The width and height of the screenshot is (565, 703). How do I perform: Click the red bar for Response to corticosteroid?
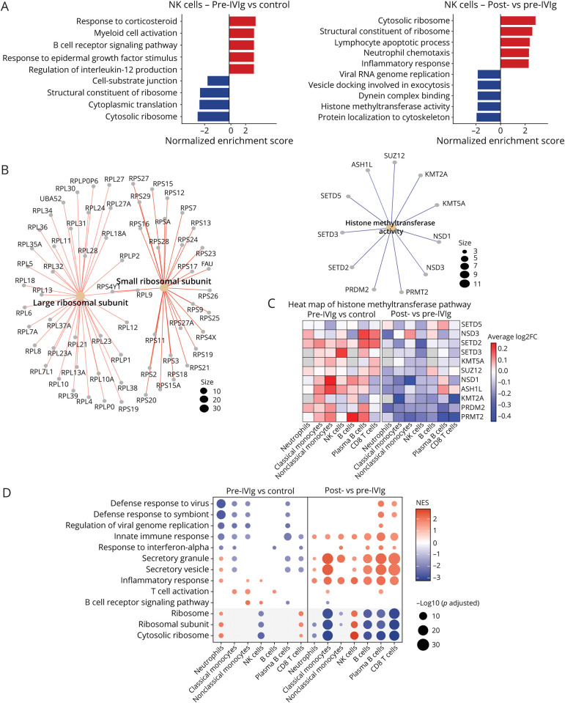coord(243,22)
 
